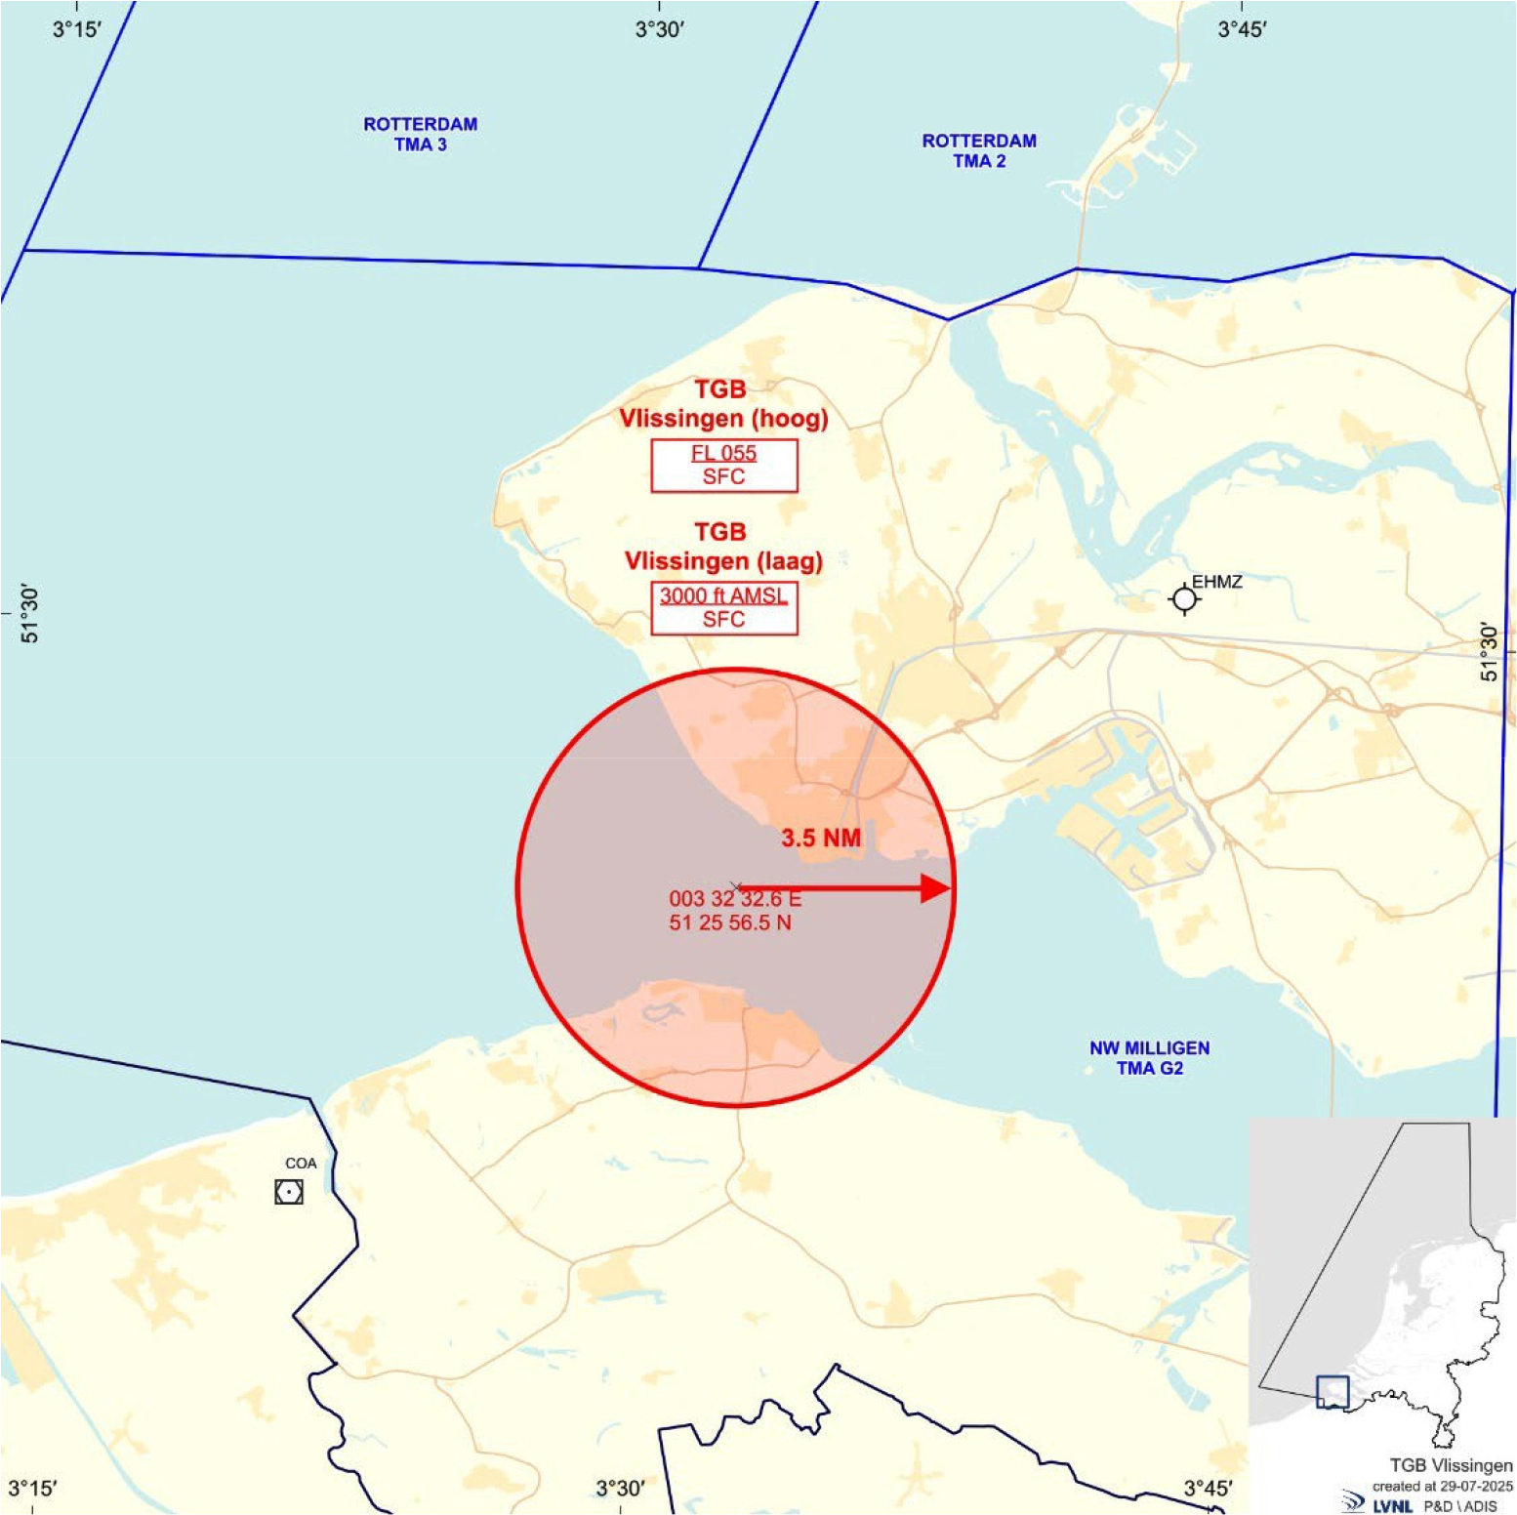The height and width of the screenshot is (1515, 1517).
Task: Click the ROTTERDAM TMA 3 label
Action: pos(420,134)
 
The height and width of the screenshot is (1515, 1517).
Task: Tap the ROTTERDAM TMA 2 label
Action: pos(979,150)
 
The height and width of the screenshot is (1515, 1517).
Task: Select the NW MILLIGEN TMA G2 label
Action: pos(1149,1057)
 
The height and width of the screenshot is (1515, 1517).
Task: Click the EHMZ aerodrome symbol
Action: pos(1184,598)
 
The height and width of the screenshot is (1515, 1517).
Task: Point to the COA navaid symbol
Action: pos(288,1192)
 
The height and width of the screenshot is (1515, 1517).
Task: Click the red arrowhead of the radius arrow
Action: pos(936,888)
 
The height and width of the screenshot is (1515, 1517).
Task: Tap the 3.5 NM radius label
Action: pos(821,838)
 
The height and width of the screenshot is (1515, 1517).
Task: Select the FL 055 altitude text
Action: pos(723,453)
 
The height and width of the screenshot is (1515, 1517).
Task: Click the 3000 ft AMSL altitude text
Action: pos(723,595)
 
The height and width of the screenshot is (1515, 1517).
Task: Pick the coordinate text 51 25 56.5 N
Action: pos(730,922)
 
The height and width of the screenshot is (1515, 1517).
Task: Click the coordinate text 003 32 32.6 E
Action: pos(734,898)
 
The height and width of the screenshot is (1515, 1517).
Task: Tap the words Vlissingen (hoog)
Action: pos(723,419)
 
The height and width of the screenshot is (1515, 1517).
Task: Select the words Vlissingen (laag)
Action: pos(723,561)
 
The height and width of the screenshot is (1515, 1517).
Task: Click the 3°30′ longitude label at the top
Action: pos(660,29)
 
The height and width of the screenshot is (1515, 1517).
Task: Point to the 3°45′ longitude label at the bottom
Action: pos(1209,1489)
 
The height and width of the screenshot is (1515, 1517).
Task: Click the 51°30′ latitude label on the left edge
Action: pos(30,615)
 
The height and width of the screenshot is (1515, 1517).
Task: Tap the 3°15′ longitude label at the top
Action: pos(77,29)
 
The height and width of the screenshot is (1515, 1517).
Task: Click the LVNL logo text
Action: pos(1392,1505)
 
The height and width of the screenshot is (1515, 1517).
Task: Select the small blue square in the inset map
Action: pos(1332,1391)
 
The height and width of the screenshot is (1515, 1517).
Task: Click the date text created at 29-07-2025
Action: pos(1443,1486)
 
